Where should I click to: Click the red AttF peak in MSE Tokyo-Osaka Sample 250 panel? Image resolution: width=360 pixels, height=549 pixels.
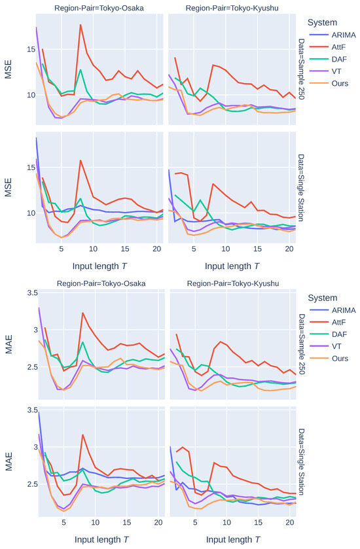click(x=81, y=25)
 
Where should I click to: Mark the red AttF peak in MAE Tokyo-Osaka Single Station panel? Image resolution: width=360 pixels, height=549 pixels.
click(x=82, y=434)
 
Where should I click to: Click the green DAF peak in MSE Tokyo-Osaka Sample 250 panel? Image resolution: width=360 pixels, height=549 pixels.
click(x=81, y=69)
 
